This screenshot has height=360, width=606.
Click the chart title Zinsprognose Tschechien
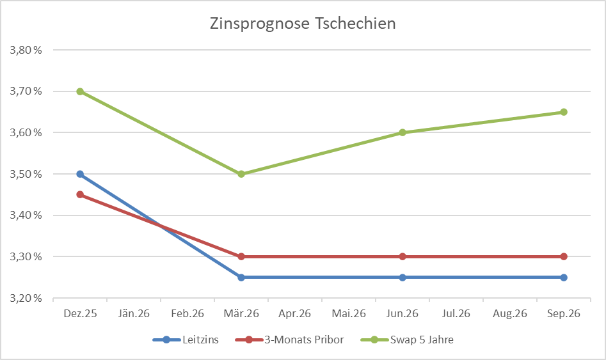303,24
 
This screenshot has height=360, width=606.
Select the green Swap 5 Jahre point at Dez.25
80,91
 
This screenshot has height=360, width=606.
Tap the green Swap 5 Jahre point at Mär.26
241,174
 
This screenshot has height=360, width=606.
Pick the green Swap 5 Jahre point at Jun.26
403,132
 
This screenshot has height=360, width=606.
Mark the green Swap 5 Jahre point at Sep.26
564,112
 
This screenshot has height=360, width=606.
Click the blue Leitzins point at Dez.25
80,174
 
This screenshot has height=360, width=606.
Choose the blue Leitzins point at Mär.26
241,278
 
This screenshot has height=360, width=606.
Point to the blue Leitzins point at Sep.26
564,278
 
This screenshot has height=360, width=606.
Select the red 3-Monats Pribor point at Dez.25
80,194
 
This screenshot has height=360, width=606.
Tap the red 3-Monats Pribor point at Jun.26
403,256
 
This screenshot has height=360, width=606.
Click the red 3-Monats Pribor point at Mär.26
241,256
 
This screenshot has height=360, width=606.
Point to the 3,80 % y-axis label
22,50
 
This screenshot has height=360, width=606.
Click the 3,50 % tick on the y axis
22,174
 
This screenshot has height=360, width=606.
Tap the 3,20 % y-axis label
22,298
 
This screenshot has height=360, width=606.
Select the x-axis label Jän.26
134,313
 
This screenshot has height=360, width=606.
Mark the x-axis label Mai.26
349,313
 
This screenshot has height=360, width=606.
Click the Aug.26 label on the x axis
510,313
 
